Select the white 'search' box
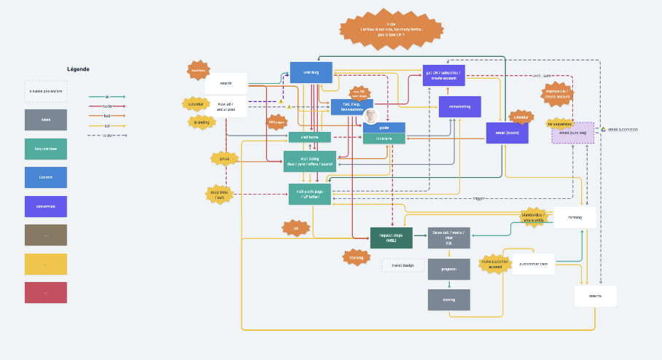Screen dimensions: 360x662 coord(226,83)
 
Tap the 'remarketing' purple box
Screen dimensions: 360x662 coord(459,106)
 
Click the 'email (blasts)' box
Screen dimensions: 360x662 coord(507,133)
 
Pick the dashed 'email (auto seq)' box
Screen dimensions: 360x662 coord(572,133)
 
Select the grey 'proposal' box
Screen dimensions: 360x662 coord(448,269)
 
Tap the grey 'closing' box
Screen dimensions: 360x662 coord(448,300)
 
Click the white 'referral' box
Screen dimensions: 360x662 coord(595,296)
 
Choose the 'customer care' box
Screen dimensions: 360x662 coord(534,263)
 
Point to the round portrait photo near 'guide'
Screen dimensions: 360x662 coord(371,117)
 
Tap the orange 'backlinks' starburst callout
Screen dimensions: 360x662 coord(197,70)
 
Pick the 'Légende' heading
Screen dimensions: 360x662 coord(78,69)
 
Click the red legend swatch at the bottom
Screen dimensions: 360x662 coord(45,292)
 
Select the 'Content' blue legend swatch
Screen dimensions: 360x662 coord(45,177)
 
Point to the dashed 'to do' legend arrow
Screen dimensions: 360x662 coord(107,135)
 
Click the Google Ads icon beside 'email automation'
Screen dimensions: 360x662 coord(603,130)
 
